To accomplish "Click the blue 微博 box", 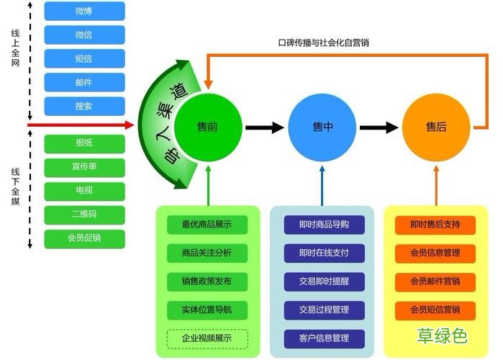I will (84, 11).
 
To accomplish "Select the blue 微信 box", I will (84, 35).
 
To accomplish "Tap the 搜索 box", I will (84, 106).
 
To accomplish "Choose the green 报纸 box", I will (84, 143).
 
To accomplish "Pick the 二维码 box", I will (84, 215).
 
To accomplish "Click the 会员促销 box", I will (84, 238).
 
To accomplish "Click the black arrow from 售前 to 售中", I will (264, 128).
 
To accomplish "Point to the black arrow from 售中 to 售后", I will (379, 128).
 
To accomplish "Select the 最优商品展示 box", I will (207, 224).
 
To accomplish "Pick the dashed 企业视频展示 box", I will (207, 338).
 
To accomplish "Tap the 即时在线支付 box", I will (323, 253).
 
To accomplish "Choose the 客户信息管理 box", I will (323, 338).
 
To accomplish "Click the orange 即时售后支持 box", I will (435, 224).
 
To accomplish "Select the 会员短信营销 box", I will (435, 310).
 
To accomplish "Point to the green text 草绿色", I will (442, 336).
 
